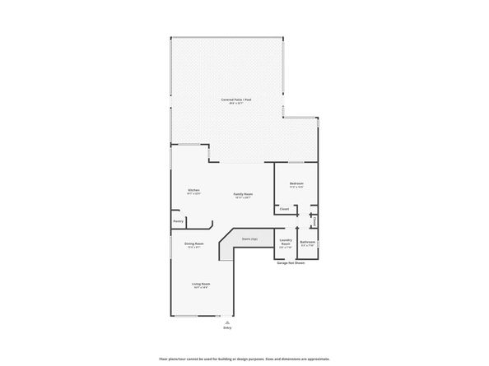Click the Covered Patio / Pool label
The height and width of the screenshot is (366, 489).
[x=236, y=100]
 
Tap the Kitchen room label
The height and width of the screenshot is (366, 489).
[x=193, y=190]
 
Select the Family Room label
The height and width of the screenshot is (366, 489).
[x=242, y=194]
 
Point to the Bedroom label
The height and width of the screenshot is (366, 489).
[x=296, y=183]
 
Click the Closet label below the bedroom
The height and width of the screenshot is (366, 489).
[x=284, y=209]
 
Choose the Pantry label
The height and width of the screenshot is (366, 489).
[x=178, y=221]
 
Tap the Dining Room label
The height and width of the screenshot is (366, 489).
[x=194, y=243]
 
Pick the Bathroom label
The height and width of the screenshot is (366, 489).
[x=308, y=242]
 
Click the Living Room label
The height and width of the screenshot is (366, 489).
[x=200, y=284]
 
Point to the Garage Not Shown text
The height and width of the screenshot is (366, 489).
[x=290, y=264]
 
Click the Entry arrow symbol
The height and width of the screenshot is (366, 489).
[x=227, y=322]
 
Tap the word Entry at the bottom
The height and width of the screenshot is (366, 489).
[x=227, y=328]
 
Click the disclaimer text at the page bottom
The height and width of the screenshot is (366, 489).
[x=244, y=359]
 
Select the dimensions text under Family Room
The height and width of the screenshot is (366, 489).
[x=242, y=198]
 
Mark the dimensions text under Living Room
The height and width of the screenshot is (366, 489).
[x=200, y=288]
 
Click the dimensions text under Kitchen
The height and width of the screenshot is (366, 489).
[x=193, y=194]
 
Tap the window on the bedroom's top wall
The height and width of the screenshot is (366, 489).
[x=296, y=162]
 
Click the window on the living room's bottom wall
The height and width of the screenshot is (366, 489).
[x=186, y=316]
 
